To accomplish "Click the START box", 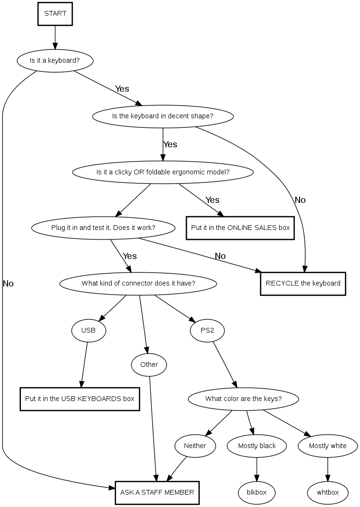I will [x=55, y=13].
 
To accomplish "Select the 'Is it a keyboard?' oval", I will [x=55, y=61].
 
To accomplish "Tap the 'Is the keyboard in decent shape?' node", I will [x=163, y=116].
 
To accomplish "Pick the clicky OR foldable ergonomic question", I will [x=163, y=172].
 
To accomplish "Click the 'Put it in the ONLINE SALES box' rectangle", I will [x=240, y=228].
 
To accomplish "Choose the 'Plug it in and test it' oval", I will [x=103, y=228].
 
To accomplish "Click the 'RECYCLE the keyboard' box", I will [x=303, y=283].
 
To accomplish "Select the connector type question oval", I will [x=138, y=284].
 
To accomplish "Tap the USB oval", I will [x=88, y=330].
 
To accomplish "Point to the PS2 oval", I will [x=207, y=330].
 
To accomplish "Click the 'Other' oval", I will [x=149, y=364].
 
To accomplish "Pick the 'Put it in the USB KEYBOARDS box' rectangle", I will [x=79, y=399].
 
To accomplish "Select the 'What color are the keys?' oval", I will [x=243, y=399].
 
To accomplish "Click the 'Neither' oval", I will [x=195, y=446].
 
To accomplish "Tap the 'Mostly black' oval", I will [x=257, y=446].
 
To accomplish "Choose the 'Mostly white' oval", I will [x=328, y=446].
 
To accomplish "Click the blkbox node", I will [x=257, y=492].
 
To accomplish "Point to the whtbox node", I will [x=328, y=492].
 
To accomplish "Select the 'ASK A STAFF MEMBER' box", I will [x=157, y=492].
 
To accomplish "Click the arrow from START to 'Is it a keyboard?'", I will [x=55, y=37].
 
